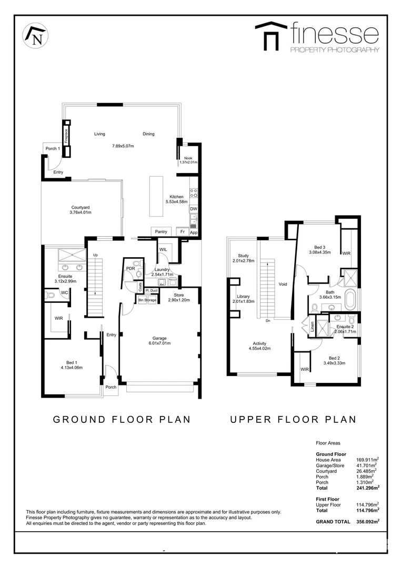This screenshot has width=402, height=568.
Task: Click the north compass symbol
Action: (x=35, y=36)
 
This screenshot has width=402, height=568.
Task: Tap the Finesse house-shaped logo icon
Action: (x=271, y=36)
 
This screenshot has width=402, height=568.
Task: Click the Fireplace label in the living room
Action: (x=67, y=135)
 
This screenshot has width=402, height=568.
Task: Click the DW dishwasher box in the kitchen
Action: (x=193, y=209)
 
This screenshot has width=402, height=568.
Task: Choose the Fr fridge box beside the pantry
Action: (x=182, y=231)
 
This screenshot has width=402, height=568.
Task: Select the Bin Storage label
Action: (x=147, y=300)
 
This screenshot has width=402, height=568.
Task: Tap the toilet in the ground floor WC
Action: (x=51, y=296)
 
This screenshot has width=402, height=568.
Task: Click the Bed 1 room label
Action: (x=72, y=362)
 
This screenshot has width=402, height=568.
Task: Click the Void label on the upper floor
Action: (x=283, y=284)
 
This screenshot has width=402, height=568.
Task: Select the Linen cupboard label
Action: (x=311, y=327)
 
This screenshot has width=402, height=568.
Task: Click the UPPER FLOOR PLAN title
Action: (x=293, y=419)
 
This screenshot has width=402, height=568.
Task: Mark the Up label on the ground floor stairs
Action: (x=95, y=256)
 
